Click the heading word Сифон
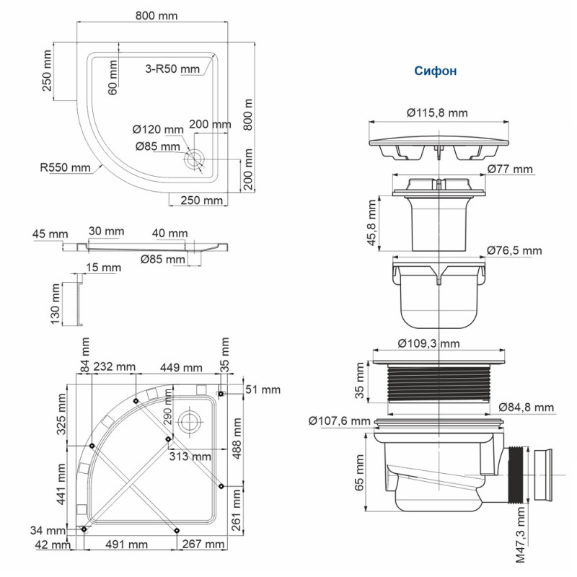(435, 71)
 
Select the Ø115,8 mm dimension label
(438, 113)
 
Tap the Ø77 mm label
(509, 169)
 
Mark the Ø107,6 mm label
(338, 420)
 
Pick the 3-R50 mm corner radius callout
(172, 69)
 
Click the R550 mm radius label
(65, 167)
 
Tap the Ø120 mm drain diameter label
(157, 129)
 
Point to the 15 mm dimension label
(102, 268)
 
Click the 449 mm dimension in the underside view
(182, 367)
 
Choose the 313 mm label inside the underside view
(190, 457)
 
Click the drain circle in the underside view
(189, 420)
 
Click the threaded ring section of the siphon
(439, 382)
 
